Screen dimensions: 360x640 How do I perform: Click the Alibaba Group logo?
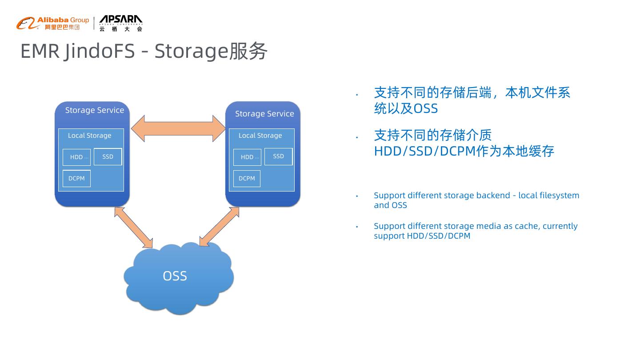tap(52, 23)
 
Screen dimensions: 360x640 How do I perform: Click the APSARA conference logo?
tap(120, 23)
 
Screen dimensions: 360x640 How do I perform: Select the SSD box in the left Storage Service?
tap(108, 156)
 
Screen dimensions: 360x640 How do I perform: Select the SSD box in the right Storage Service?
tap(278, 156)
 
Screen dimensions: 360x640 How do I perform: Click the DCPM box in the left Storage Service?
tap(76, 178)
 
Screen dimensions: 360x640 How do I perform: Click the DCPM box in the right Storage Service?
tap(247, 178)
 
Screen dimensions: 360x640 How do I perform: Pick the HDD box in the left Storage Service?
tap(76, 157)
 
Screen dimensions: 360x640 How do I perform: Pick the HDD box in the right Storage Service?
tap(247, 157)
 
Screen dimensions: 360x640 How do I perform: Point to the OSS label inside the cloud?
tap(175, 276)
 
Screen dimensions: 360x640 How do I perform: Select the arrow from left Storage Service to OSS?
tap(133, 228)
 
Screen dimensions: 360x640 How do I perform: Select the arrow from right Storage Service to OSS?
tap(219, 227)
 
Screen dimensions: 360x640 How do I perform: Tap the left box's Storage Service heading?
tap(95, 110)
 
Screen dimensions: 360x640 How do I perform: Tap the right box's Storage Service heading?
tap(264, 114)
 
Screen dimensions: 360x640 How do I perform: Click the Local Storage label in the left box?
tap(89, 136)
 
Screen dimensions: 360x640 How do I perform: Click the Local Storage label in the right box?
tap(260, 136)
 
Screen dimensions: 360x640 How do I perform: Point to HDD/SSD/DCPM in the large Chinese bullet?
tap(424, 151)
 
